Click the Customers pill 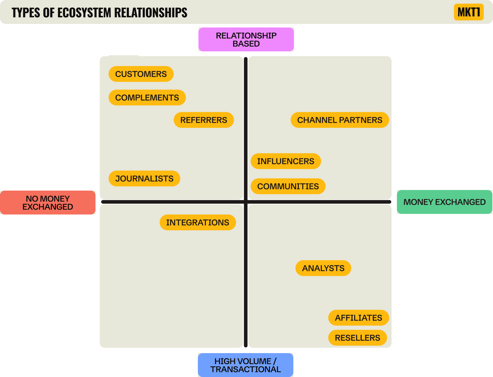(141, 74)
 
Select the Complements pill (147, 98)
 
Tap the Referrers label (204, 120)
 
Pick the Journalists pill (144, 179)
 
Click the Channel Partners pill (340, 120)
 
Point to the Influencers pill (286, 161)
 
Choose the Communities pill (288, 186)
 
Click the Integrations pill (198, 223)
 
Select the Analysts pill (323, 268)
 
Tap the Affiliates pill (358, 318)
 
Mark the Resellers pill (358, 338)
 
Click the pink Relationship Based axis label (246, 39)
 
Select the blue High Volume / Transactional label (246, 365)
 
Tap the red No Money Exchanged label (48, 203)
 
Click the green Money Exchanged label (444, 202)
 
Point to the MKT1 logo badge (469, 12)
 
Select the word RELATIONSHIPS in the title (151, 13)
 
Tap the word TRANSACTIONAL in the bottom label (246, 370)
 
